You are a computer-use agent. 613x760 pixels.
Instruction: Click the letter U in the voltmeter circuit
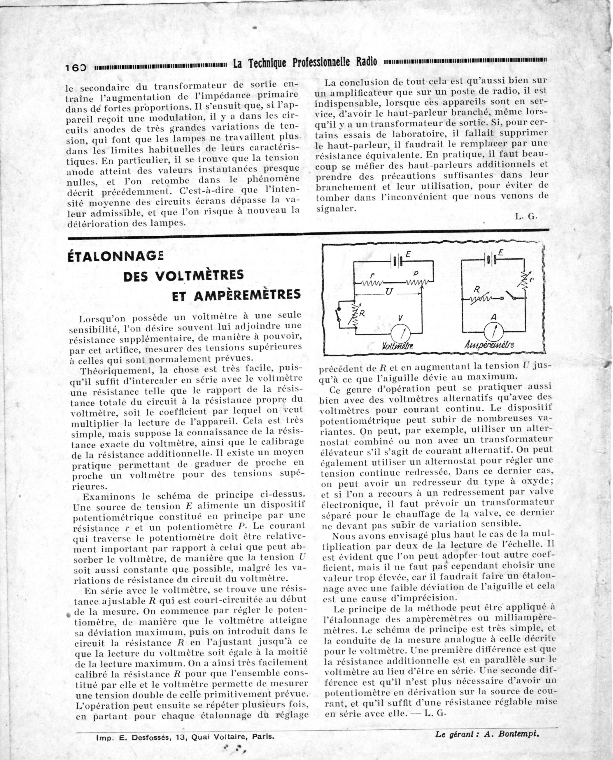click(x=389, y=292)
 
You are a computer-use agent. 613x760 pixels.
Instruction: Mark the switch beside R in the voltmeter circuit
click(x=338, y=315)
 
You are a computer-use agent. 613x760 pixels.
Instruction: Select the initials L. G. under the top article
click(x=526, y=216)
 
